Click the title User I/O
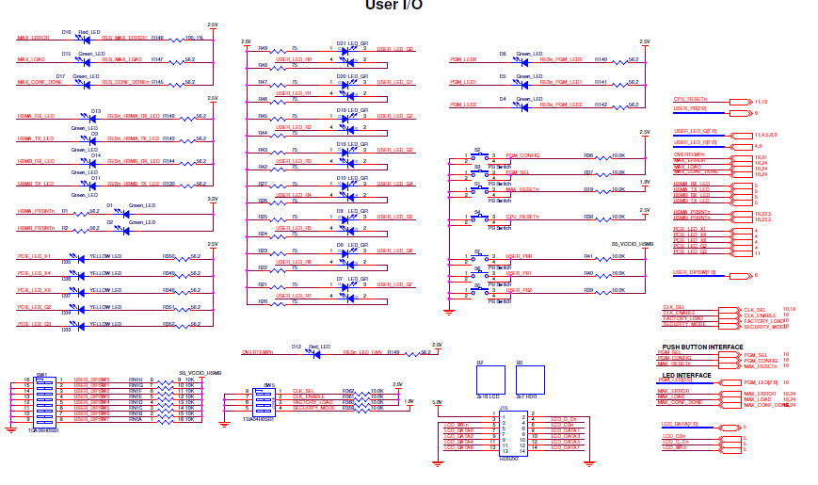[x=393, y=6]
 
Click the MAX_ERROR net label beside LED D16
[x=34, y=38]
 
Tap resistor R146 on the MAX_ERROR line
[x=157, y=39]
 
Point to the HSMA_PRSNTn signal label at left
[x=36, y=212]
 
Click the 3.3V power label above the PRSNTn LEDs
[x=213, y=199]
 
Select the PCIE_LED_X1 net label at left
[x=34, y=256]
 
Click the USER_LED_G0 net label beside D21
[x=394, y=48]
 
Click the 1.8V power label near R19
[x=644, y=182]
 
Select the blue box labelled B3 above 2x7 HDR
[x=529, y=380]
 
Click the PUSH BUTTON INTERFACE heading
[x=701, y=347]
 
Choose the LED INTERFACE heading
[x=687, y=375]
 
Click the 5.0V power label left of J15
[x=436, y=403]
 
